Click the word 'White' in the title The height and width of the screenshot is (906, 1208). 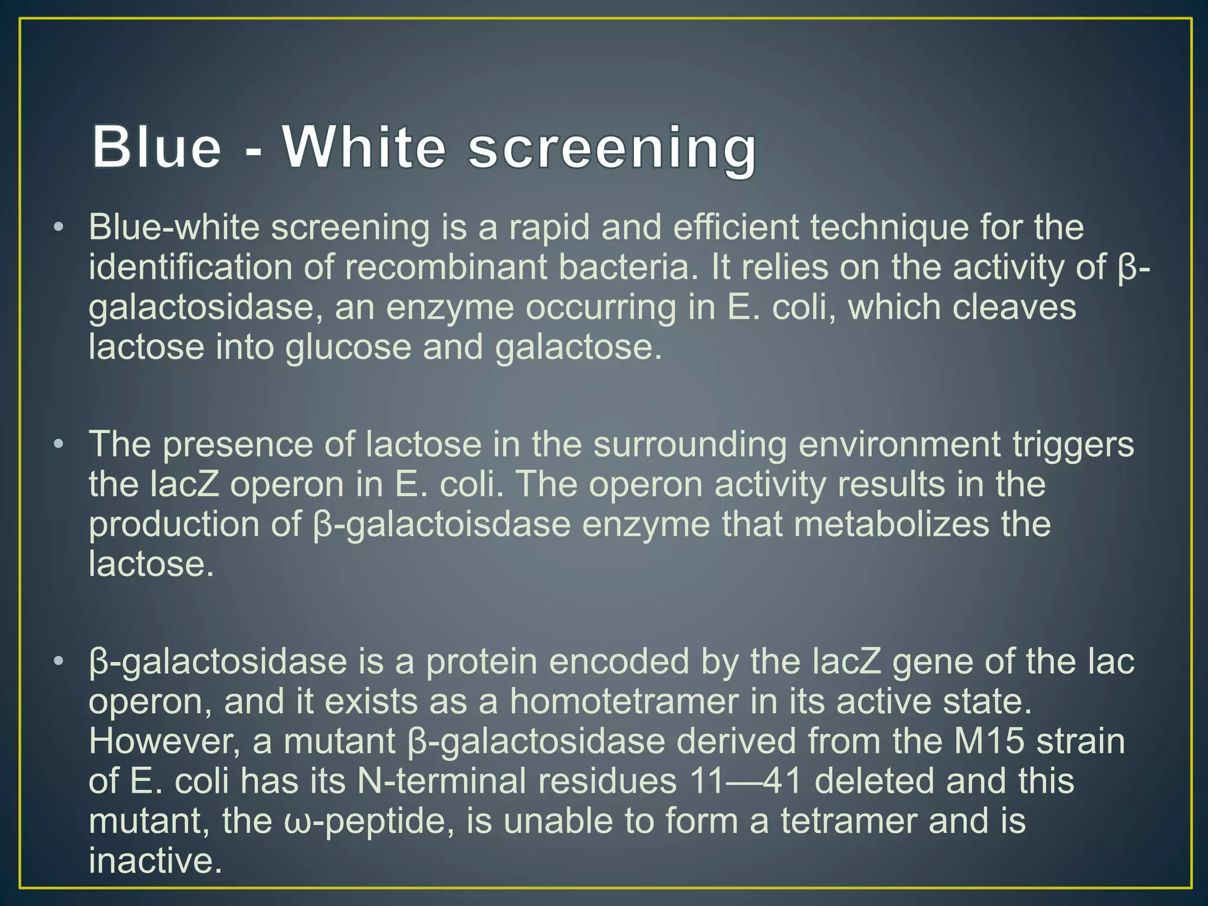coord(364,147)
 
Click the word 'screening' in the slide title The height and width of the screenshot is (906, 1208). coord(612,150)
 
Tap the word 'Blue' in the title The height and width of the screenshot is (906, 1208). coord(156,147)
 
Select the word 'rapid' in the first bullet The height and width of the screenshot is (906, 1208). coord(549,228)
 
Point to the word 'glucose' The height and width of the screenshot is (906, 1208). coord(348,347)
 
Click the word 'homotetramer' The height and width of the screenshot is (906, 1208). coord(624,702)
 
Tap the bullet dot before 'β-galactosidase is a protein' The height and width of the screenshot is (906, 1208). coord(57,662)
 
